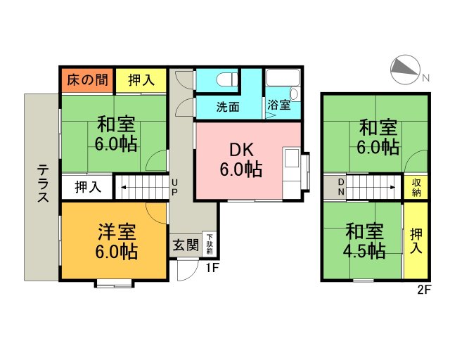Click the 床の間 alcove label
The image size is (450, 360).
tap(87, 80)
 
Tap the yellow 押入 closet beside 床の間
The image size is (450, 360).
tap(141, 80)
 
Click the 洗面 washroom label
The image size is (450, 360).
tap(228, 107)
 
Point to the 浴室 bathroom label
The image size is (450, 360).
tap(278, 106)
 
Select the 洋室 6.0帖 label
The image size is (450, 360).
tap(117, 240)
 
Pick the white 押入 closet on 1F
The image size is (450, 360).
tap(87, 187)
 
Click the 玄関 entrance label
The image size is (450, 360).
tap(186, 245)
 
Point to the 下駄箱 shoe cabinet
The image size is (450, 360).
tap(210, 245)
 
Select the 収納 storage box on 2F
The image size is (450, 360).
tap(416, 187)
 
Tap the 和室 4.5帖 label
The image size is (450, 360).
tap(364, 240)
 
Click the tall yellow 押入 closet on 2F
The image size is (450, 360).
tap(416, 241)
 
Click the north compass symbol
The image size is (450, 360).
tap(405, 68)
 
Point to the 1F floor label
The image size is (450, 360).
tap(213, 267)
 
